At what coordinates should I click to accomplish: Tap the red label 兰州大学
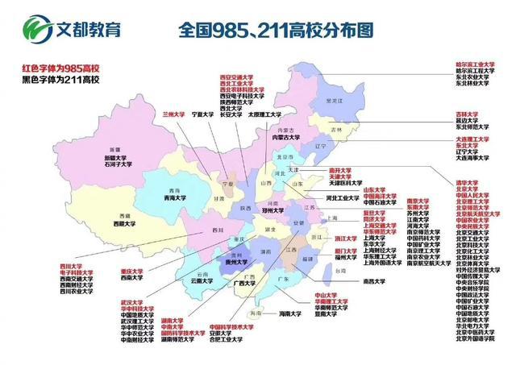click(175, 114)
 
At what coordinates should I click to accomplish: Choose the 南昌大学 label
click(377, 281)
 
